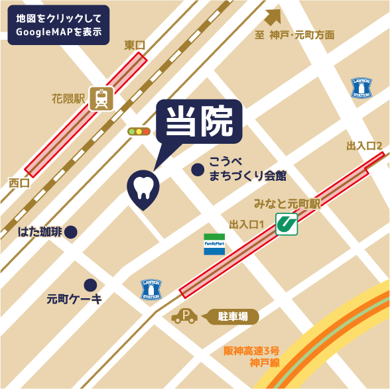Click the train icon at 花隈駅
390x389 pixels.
pos(101,99)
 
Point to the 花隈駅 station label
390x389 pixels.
pos(69,100)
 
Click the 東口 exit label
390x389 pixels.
pos(135,44)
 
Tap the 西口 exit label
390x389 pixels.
pos(19,182)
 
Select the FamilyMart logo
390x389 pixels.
pos(215,245)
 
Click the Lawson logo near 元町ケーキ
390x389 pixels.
pos(152,290)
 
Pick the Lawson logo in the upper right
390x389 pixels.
pos(362,88)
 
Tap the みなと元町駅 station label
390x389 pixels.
pos(287,203)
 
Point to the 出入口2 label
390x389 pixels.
pos(364,145)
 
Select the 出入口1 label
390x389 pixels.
pos(247,225)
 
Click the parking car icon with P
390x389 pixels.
pos(184,317)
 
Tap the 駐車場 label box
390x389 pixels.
pos(233,317)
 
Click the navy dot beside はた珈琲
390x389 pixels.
pos(71,232)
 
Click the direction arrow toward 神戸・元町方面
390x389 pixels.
pos(273,19)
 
